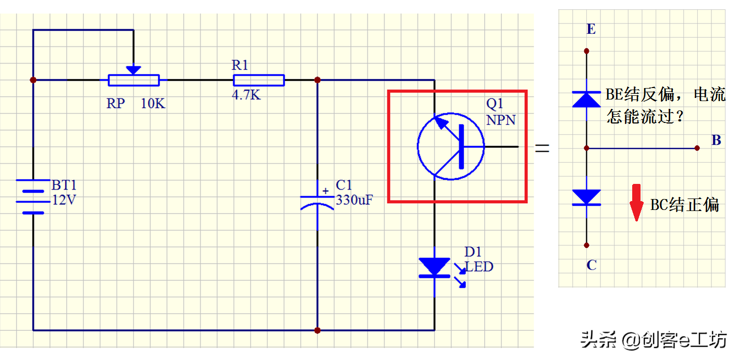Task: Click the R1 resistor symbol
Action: pos(259,80)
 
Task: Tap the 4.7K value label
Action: pos(246,95)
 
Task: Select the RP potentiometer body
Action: pos(134,80)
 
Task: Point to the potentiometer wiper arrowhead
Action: pos(133,70)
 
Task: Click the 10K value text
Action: pos(153,104)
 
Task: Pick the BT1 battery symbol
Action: pos(33,196)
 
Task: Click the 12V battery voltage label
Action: pos(64,200)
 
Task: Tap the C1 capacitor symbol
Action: pos(317,201)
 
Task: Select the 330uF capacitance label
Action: pos(354,200)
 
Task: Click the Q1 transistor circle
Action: pos(418,146)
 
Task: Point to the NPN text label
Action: pos(501,120)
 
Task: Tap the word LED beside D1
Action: pos(479,266)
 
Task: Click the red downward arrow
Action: pos(636,203)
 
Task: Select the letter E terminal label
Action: pos(591,29)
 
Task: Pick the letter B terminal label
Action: pos(716,140)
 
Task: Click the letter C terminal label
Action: pos(592,265)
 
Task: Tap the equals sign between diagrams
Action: pos(542,148)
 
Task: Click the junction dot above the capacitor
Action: pos(317,80)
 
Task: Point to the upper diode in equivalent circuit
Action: pos(586,99)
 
